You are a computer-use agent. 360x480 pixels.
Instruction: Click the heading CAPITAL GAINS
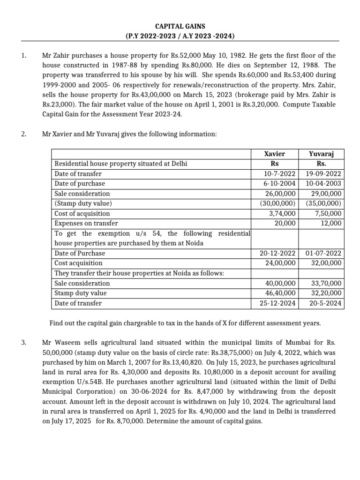(180, 27)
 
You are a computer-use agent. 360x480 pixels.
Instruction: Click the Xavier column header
(274, 154)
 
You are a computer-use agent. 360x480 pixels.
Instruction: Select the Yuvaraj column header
(321, 154)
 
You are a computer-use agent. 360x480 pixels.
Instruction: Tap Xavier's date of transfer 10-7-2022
(278, 173)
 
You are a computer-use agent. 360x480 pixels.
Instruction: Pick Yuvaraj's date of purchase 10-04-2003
(323, 183)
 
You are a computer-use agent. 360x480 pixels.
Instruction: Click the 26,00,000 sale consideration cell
(280, 194)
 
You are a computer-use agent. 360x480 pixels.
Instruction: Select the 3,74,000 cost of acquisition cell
(284, 213)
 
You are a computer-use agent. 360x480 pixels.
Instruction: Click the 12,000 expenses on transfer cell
(330, 223)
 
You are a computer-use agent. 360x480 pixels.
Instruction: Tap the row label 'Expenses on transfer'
(86, 223)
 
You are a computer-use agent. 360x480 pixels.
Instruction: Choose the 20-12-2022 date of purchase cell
(278, 253)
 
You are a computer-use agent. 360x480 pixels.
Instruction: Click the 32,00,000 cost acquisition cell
(327, 263)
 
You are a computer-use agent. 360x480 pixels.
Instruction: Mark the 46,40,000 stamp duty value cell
(280, 293)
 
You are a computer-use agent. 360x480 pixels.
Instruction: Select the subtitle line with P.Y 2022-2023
(180, 36)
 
